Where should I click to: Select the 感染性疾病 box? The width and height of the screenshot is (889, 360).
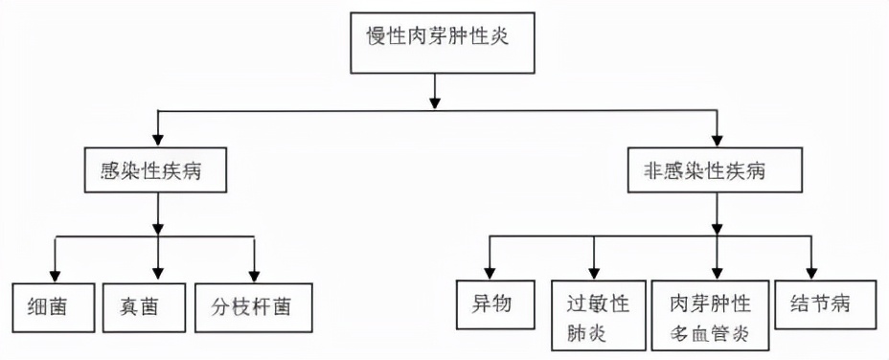click(156, 172)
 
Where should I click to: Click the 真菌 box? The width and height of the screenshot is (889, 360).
click(142, 307)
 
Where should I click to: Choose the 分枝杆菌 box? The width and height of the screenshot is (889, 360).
click(253, 307)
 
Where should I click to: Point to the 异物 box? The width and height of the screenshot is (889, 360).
click(490, 305)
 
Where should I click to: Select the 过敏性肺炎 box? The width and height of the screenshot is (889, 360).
click(596, 318)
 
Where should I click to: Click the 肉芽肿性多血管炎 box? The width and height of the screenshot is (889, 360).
click(711, 318)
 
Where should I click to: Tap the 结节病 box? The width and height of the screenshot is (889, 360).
click(824, 305)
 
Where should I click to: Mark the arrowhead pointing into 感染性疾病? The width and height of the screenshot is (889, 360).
click(156, 139)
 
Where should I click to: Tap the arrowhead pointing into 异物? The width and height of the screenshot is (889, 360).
click(490, 273)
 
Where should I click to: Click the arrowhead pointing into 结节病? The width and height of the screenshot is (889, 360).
click(812, 273)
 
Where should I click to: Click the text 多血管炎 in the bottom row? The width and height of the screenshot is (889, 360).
click(711, 335)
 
